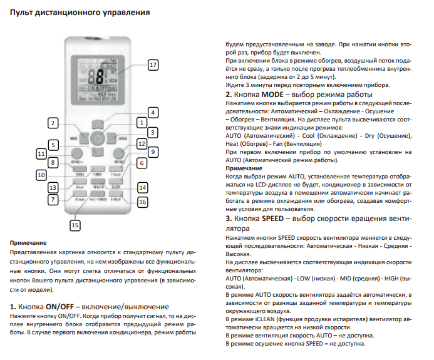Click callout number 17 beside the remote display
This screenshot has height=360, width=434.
tap(153, 65)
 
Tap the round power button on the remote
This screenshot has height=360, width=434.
tap(95, 138)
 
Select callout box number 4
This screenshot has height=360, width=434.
tap(153, 111)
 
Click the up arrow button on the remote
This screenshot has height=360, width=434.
tap(95, 123)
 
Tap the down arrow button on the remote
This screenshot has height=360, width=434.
tap(95, 153)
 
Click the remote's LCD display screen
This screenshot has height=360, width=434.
tap(95, 78)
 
